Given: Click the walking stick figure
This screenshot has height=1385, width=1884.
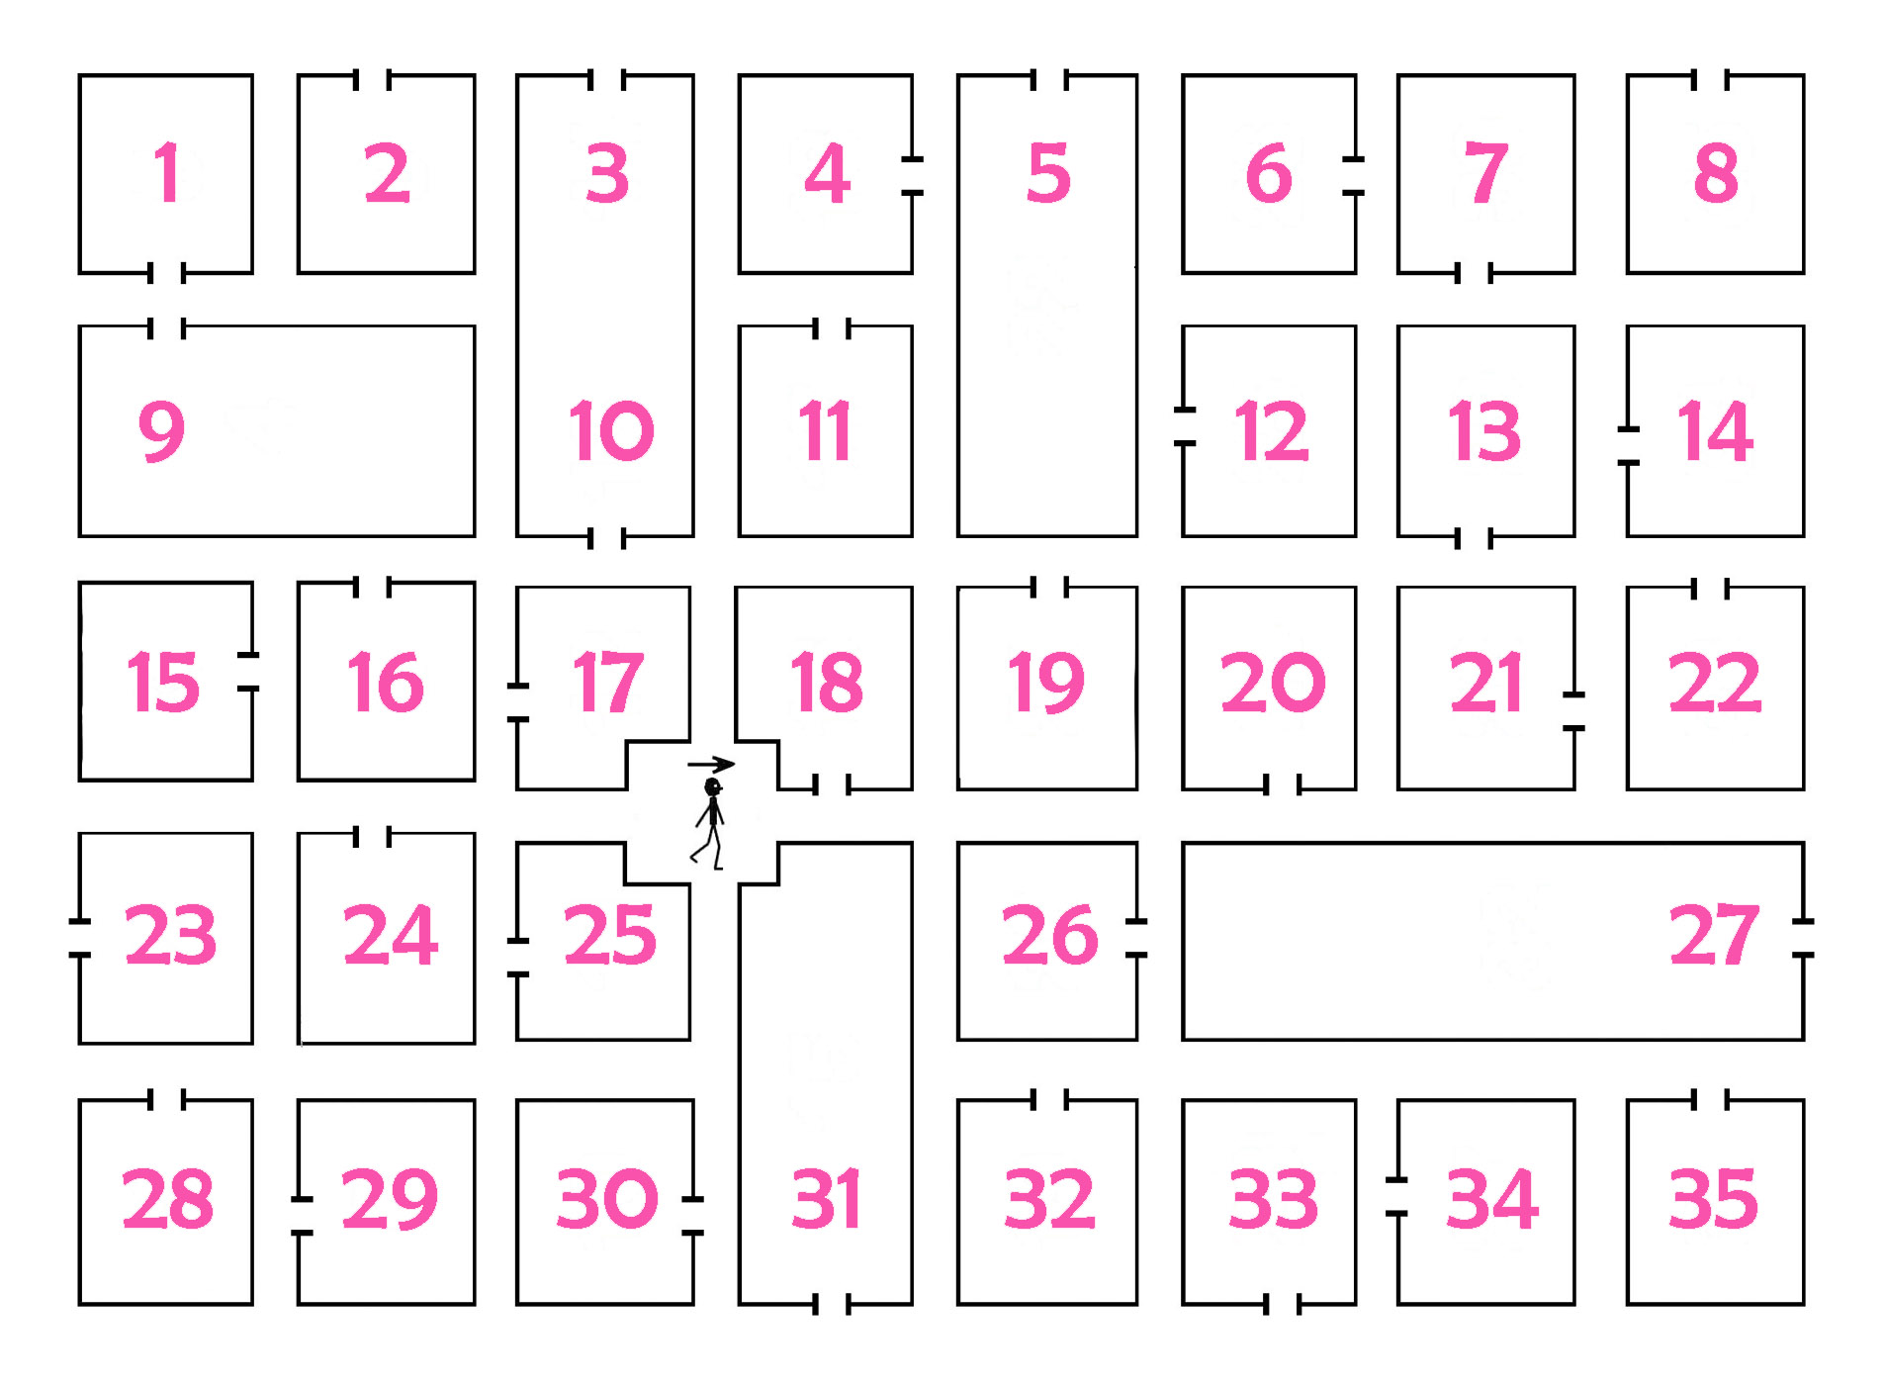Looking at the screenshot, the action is [711, 823].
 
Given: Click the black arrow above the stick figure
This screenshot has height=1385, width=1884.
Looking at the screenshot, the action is [711, 764].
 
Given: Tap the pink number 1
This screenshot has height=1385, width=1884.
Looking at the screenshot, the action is [167, 173].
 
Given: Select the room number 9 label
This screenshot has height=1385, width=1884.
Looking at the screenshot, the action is [161, 430].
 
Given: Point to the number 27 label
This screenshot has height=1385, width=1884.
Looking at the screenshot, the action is [1714, 935].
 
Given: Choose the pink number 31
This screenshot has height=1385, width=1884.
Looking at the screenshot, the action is [826, 1199].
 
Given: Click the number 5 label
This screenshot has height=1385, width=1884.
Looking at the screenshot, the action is [1048, 173].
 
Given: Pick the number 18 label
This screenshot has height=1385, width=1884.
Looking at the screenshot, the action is [827, 682].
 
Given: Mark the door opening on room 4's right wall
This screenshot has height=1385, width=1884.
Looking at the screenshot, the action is [912, 175].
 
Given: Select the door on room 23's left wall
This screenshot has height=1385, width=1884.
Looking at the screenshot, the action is [79, 938].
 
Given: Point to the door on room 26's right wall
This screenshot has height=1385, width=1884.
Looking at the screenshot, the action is [1136, 938].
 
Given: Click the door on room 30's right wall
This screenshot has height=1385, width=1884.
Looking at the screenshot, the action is [692, 1216].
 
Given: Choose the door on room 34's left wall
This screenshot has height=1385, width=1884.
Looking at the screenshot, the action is [1396, 1196].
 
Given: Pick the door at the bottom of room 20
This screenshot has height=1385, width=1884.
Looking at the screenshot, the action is [1283, 785].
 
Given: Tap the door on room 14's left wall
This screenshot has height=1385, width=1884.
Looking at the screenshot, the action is [1628, 445].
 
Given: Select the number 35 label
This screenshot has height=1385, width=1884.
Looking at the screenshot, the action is [1714, 1199].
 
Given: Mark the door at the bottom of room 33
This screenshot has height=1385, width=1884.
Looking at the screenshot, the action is [1283, 1305].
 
